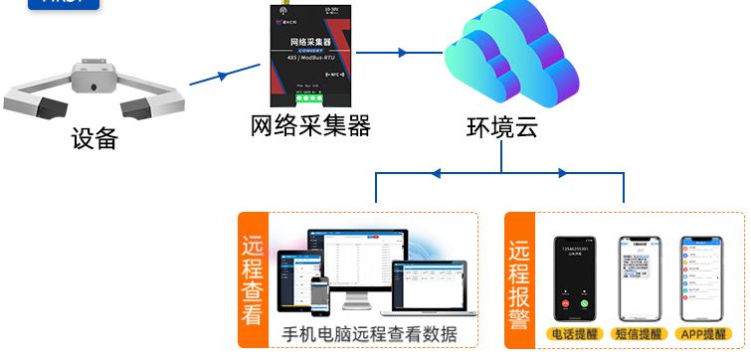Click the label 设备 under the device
point(94,137)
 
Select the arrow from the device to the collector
point(221,75)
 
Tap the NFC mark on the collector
point(332,74)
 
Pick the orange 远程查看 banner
point(253,280)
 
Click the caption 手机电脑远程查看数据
point(370,334)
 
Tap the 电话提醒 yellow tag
point(574,334)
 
